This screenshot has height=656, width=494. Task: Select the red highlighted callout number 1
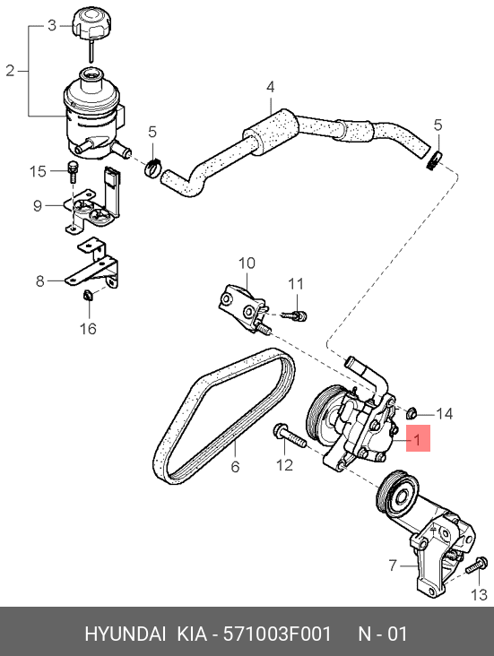(418, 438)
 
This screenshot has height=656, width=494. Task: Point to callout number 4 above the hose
(271, 87)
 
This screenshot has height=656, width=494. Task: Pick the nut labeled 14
(412, 413)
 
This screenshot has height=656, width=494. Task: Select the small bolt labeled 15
(73, 170)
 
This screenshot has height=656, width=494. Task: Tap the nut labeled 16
(88, 296)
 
